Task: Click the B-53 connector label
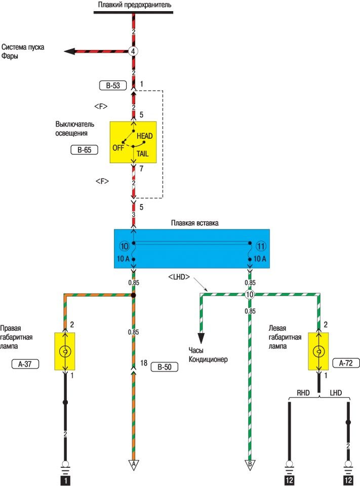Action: pos(113,86)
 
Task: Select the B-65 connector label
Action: pos(85,150)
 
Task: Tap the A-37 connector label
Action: pos(25,363)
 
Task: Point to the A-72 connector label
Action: pos(346,362)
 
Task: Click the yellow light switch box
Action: pos(133,142)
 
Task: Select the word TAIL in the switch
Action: pos(143,153)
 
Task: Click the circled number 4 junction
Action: pos(133,51)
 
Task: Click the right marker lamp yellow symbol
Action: pos(65,351)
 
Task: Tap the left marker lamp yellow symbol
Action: pos(318,351)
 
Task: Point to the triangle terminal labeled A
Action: pos(134,463)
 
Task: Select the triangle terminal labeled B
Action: pos(250,463)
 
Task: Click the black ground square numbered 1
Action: pos(65,479)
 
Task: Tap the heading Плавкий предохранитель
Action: pos(134,5)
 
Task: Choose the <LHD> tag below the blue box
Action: pos(178,277)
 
